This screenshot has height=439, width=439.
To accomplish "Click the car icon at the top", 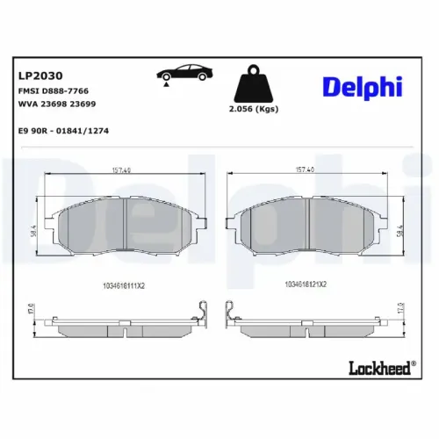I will [x=182, y=72].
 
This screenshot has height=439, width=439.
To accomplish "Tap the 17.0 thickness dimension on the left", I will [x=32, y=312].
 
